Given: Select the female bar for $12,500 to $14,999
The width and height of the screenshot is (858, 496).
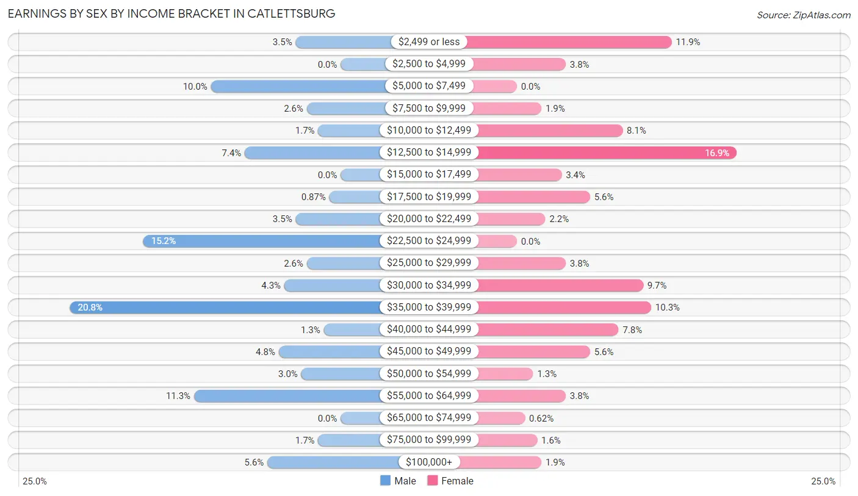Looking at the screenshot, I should (x=606, y=153).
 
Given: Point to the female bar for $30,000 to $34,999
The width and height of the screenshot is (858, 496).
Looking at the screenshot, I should (x=560, y=286).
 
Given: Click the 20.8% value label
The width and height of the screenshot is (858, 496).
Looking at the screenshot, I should (x=90, y=307).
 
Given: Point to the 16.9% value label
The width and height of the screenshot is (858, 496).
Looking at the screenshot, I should (x=717, y=153).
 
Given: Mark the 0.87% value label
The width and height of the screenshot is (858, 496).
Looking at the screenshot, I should (x=313, y=197).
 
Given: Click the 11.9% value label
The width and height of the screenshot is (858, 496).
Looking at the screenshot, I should (x=688, y=42).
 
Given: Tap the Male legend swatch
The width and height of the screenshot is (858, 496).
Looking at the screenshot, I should (x=385, y=481).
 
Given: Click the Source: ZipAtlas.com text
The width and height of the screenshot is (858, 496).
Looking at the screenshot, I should (x=803, y=14).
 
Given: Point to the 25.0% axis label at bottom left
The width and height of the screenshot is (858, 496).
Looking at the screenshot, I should (x=35, y=481).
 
